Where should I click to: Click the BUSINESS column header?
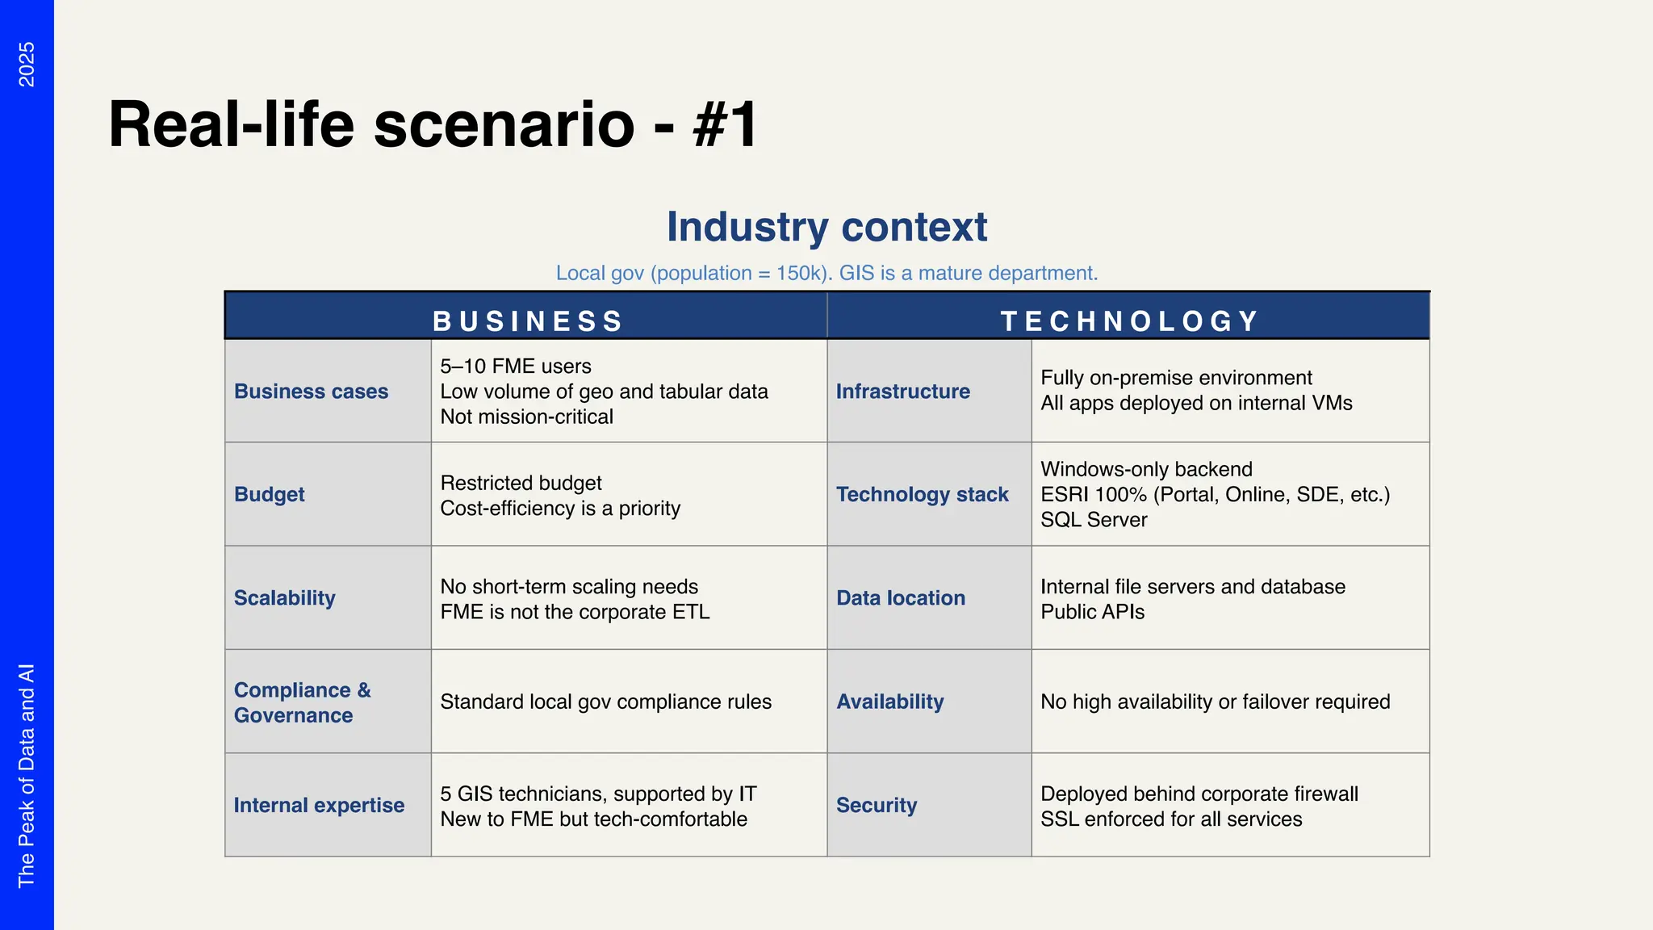pos(527,320)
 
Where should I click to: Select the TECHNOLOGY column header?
pos(1129,320)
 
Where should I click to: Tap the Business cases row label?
pos(311,392)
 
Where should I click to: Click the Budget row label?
pos(269,495)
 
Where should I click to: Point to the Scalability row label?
pos(284,598)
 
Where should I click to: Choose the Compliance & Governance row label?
pos(302,702)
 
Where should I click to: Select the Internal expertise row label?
pos(319,806)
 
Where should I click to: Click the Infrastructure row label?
pos(902,392)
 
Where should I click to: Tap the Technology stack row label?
pos(922,495)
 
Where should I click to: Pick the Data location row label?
pos(900,598)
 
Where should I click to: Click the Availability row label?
pos(889,702)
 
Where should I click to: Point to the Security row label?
pos(876,806)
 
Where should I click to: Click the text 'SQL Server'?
pos(1093,520)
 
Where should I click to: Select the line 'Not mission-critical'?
pos(526,417)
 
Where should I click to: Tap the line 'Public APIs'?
pos(1092,612)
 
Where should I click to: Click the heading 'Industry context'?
pos(826,227)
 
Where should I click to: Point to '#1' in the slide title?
pos(725,124)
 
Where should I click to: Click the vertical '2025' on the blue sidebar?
pos(27,64)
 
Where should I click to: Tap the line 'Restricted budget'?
pos(521,483)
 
